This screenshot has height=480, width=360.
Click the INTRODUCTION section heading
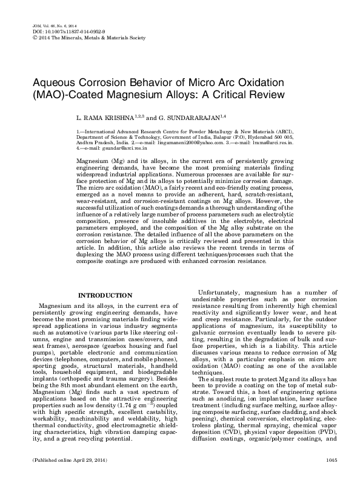coord(106,295)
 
